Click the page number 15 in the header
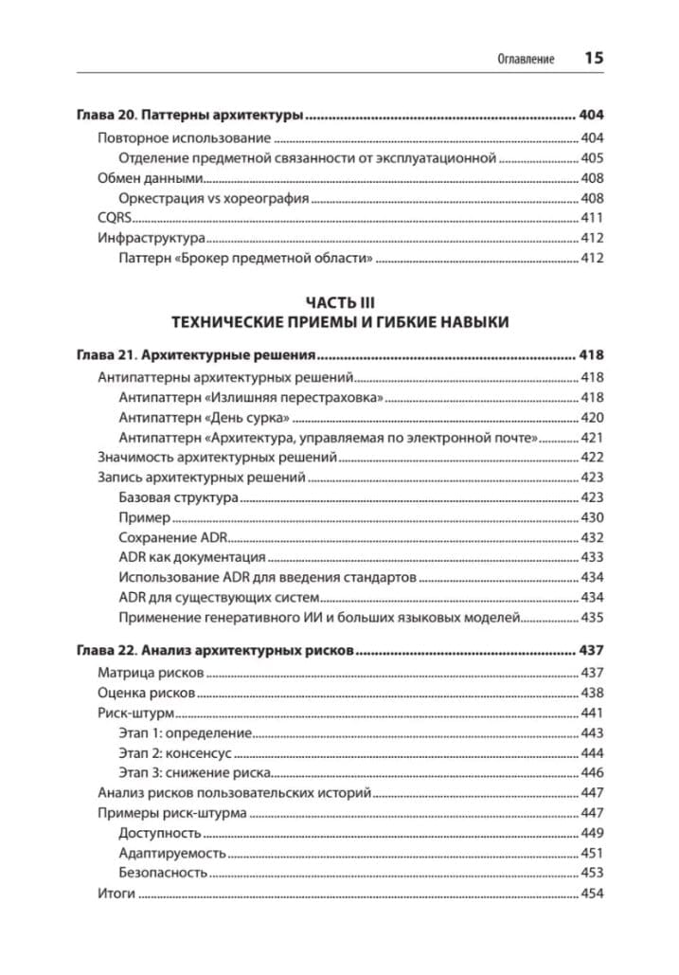click(x=594, y=58)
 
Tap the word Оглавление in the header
click(x=526, y=59)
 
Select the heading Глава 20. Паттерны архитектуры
click(x=189, y=117)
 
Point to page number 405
click(x=592, y=158)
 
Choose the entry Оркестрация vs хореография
click(x=214, y=198)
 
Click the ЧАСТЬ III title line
click(x=340, y=301)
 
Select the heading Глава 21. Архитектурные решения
click(x=194, y=356)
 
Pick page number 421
click(x=592, y=437)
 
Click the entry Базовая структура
click(x=178, y=497)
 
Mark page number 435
click(x=592, y=618)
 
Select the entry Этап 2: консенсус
click(x=175, y=753)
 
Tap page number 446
click(x=592, y=773)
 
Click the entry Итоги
click(x=116, y=894)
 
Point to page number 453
click(x=592, y=873)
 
